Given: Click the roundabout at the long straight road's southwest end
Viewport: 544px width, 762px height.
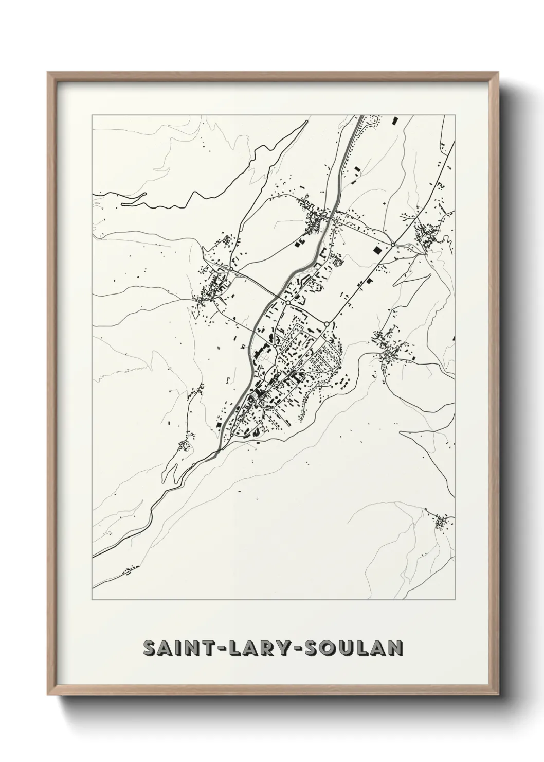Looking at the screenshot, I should coord(327,324).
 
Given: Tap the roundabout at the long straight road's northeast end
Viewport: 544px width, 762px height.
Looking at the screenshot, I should coord(393,245).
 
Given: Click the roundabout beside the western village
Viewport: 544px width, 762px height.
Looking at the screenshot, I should coord(231,269).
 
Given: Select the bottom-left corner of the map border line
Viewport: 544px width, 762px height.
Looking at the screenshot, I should coord(92,600).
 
